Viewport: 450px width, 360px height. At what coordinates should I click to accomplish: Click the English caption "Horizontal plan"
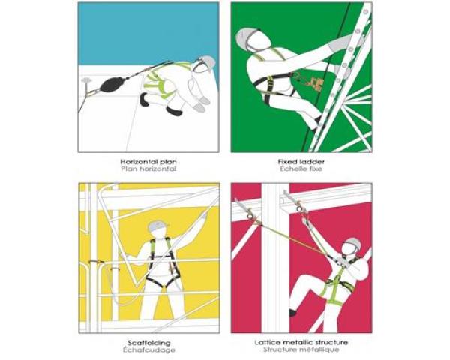[x=148, y=162]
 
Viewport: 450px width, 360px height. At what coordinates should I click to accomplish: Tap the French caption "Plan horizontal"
[x=148, y=169]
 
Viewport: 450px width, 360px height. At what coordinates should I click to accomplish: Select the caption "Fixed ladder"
[x=301, y=162]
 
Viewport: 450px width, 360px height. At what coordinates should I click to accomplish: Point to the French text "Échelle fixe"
[x=301, y=169]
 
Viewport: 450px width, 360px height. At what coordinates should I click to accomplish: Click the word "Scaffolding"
[x=149, y=343]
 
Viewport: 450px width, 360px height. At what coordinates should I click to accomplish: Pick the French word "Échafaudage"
[x=149, y=350]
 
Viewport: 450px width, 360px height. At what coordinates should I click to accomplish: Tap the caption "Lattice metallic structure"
[x=301, y=343]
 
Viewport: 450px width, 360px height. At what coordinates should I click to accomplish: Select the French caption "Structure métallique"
[x=301, y=349]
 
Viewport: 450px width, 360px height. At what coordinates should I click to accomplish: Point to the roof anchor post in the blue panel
[x=85, y=81]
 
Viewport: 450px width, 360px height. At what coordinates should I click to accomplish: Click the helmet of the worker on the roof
[x=207, y=61]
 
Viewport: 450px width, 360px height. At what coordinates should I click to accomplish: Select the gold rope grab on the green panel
[x=314, y=82]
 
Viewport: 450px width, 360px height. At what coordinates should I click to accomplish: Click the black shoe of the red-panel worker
[x=292, y=312]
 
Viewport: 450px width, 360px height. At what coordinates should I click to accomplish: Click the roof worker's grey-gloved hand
[x=204, y=100]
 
